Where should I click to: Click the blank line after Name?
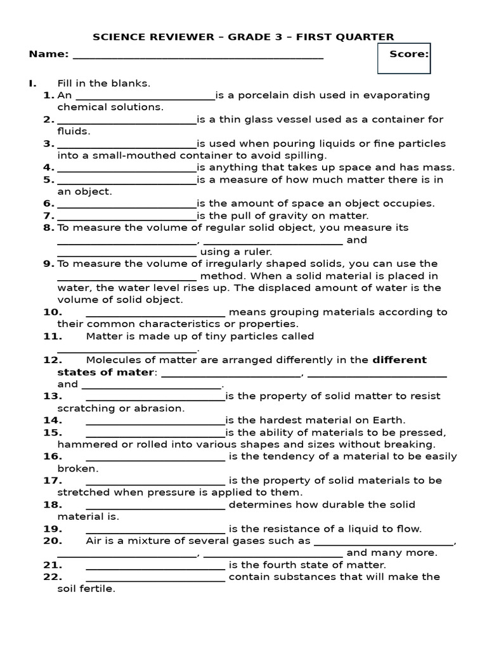pyautogui.click(x=198, y=57)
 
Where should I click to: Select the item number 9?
pyautogui.click(x=48, y=264)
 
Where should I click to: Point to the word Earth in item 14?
pyautogui.click(x=387, y=420)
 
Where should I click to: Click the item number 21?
pyautogui.click(x=52, y=565)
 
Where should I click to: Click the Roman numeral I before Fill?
pyautogui.click(x=31, y=84)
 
